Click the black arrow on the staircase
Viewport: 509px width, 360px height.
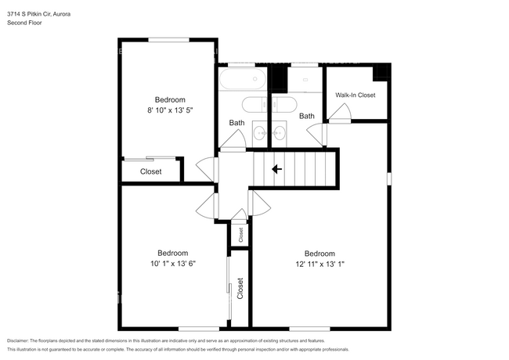pos(276,168)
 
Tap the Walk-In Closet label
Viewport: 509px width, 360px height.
pos(356,95)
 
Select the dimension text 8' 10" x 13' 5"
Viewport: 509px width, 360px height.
pos(169,111)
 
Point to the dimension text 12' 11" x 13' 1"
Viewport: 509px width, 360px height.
pos(319,265)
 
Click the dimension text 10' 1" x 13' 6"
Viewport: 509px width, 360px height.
pos(172,264)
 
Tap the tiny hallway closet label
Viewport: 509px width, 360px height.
pos(240,233)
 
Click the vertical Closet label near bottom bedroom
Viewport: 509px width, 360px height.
pos(240,288)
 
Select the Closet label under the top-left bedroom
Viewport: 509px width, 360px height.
pos(151,171)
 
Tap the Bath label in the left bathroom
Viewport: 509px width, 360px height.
pos(237,123)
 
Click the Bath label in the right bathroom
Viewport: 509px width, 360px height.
pos(306,116)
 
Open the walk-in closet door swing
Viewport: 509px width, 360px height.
pos(339,114)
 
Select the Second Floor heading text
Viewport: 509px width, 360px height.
pos(25,23)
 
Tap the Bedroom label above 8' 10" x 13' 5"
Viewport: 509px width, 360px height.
pos(169,99)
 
